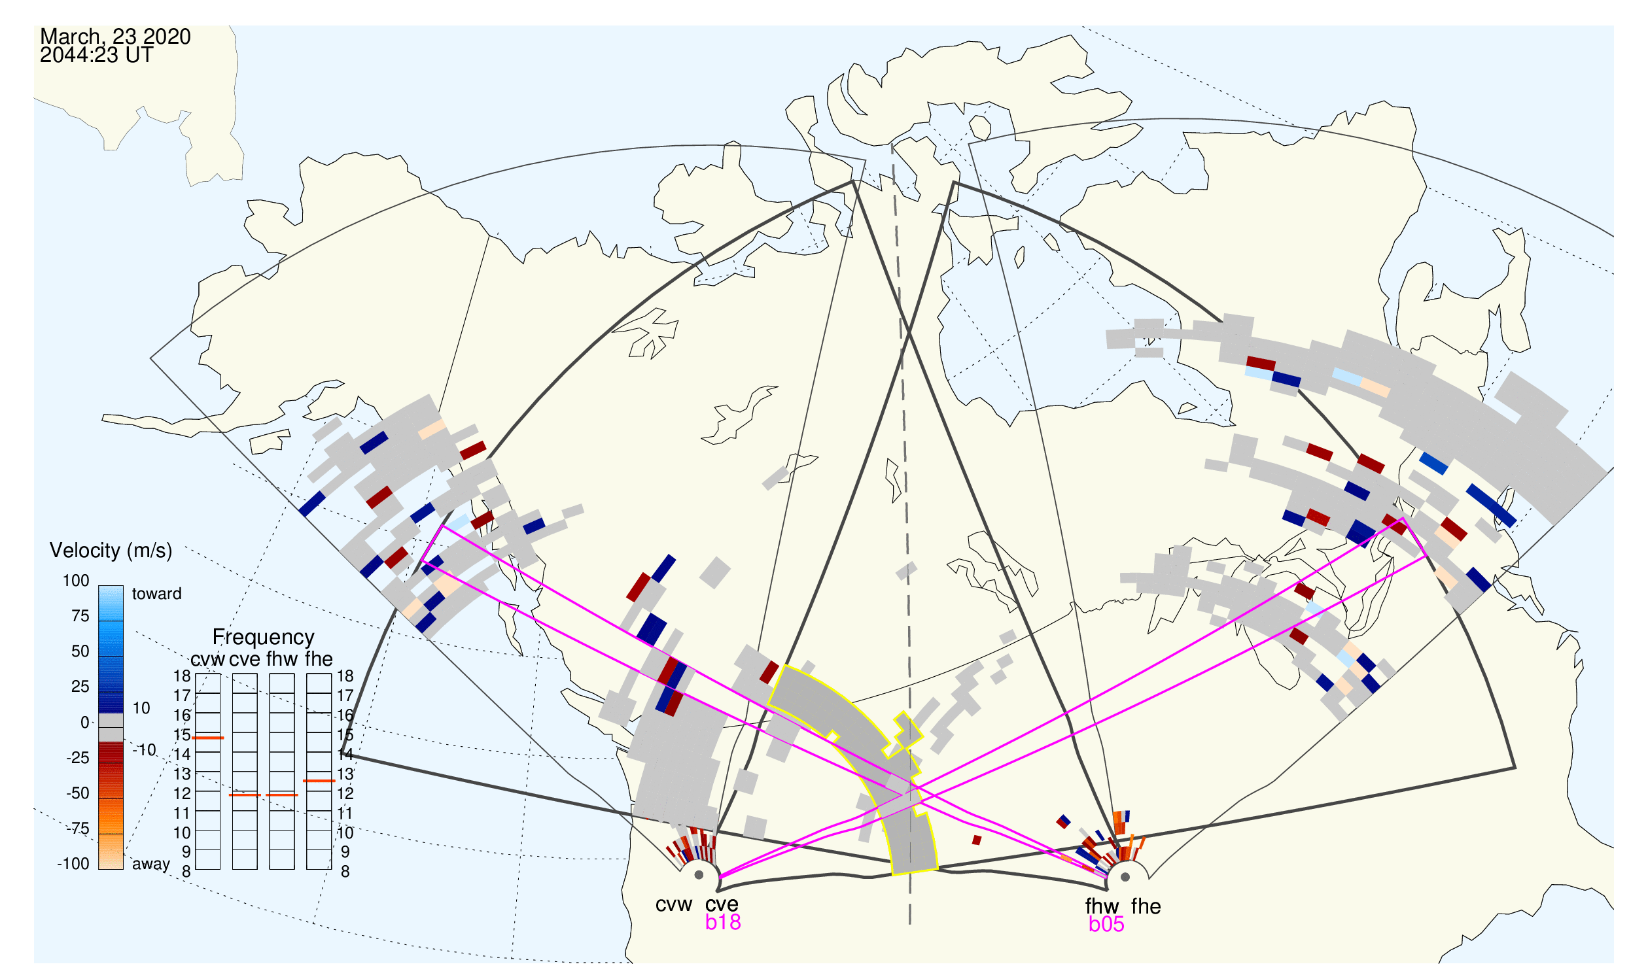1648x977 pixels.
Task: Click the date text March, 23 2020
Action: (115, 36)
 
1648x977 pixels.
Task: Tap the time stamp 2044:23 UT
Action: (97, 56)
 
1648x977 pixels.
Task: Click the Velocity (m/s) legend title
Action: (111, 551)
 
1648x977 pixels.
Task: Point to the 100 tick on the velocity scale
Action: (77, 581)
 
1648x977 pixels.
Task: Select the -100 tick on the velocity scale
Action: (73, 864)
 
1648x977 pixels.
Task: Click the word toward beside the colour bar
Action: (157, 594)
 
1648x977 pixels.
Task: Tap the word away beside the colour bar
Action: (151, 865)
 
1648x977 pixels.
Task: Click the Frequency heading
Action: (264, 638)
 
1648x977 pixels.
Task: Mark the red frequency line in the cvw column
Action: (208, 738)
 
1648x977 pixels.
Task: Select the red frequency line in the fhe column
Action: (319, 781)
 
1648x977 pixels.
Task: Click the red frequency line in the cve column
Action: (245, 795)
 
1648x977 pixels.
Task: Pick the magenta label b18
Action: (723, 922)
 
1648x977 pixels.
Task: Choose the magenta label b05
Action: (1106, 924)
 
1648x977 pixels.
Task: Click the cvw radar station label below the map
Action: (674, 904)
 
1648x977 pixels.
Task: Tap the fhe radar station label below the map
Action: (1146, 906)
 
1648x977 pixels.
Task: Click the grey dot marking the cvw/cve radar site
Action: (699, 876)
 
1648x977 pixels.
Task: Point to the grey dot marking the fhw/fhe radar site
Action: (1126, 877)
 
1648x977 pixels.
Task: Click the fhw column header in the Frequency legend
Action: (282, 659)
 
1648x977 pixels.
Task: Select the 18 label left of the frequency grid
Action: (183, 676)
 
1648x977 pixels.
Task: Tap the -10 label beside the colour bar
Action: (144, 750)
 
